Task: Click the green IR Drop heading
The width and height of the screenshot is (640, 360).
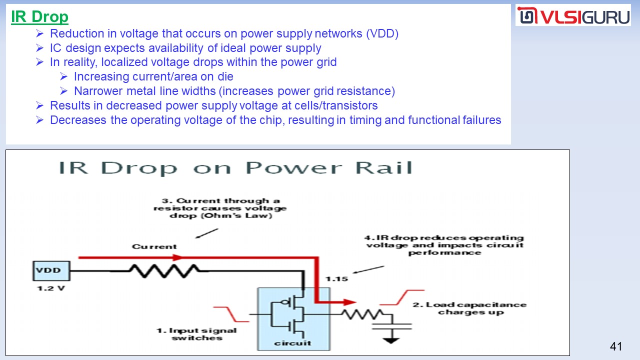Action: (x=39, y=16)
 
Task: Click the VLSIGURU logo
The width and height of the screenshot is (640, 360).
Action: (x=573, y=16)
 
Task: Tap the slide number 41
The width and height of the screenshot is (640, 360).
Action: (x=616, y=346)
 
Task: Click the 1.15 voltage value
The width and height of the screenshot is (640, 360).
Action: (x=337, y=278)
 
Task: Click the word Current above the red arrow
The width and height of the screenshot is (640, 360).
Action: (x=154, y=246)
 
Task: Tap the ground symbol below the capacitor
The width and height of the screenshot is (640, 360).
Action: (x=391, y=340)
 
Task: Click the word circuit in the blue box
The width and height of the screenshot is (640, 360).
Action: (x=292, y=343)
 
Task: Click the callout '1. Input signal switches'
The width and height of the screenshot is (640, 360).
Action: (x=196, y=334)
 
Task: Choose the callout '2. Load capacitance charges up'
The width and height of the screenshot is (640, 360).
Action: (x=469, y=308)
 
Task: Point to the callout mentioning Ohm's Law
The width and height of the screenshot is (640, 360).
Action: (x=220, y=208)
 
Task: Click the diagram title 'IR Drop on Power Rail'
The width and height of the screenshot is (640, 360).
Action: (x=235, y=168)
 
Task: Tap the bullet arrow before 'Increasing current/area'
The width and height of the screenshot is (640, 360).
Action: (x=63, y=77)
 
